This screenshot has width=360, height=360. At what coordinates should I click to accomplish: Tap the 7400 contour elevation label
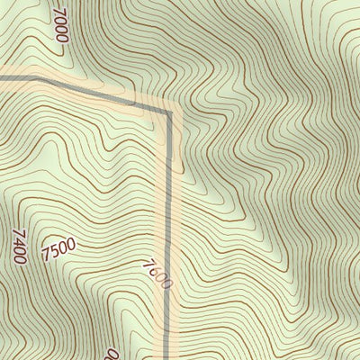pos(20,246)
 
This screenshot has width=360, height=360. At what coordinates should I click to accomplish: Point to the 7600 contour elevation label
pos(156,274)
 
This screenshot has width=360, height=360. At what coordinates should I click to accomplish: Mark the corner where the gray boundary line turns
pos(168,112)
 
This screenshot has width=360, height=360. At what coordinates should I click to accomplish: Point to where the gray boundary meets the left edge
pos(2,79)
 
